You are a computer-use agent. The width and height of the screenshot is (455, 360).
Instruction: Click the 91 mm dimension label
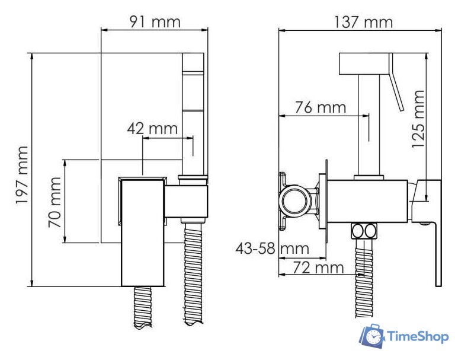[x=155, y=22]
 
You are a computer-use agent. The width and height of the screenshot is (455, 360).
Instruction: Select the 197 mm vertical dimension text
[x=23, y=176]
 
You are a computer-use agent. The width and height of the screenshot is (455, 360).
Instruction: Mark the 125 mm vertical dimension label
[x=418, y=119]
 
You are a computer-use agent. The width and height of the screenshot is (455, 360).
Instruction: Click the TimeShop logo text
[x=418, y=336]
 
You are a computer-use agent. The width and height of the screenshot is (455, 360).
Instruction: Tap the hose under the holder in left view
[x=194, y=273]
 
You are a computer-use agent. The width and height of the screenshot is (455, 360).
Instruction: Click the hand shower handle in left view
[x=193, y=113]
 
